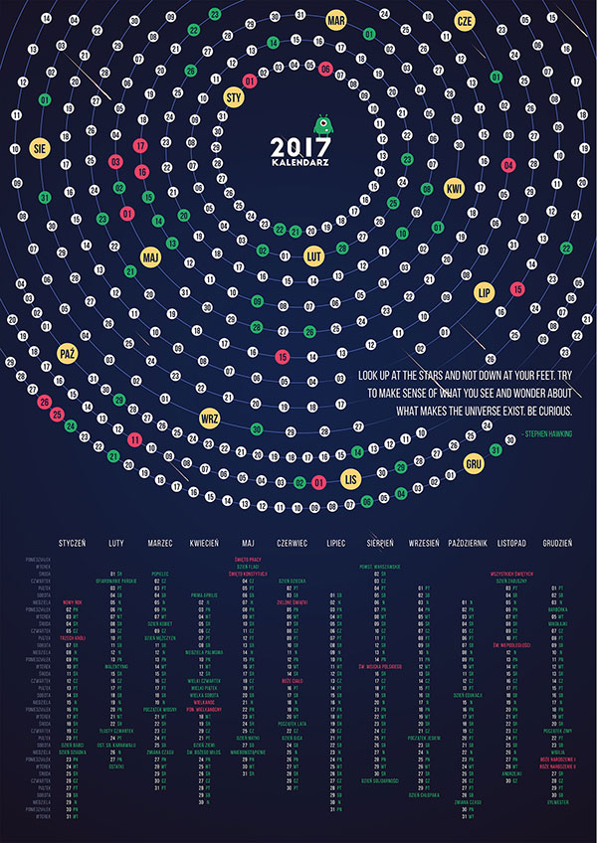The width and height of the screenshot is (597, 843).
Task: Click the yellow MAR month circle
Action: [x=335, y=19]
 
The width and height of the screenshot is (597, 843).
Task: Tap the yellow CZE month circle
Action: [x=464, y=21]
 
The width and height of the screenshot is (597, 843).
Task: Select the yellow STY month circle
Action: [x=235, y=97]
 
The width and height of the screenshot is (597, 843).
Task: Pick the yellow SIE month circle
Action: [x=40, y=146]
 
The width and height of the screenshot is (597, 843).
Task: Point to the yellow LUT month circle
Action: [x=314, y=254]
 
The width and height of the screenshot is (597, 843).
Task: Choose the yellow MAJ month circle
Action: [x=151, y=256]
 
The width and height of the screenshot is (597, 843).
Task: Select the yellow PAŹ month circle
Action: [x=68, y=353]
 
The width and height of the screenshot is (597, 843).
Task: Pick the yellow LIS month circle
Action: [x=349, y=479]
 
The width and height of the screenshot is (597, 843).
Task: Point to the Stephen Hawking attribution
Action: [x=546, y=434]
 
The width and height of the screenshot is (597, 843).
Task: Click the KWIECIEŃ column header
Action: [x=204, y=544]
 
